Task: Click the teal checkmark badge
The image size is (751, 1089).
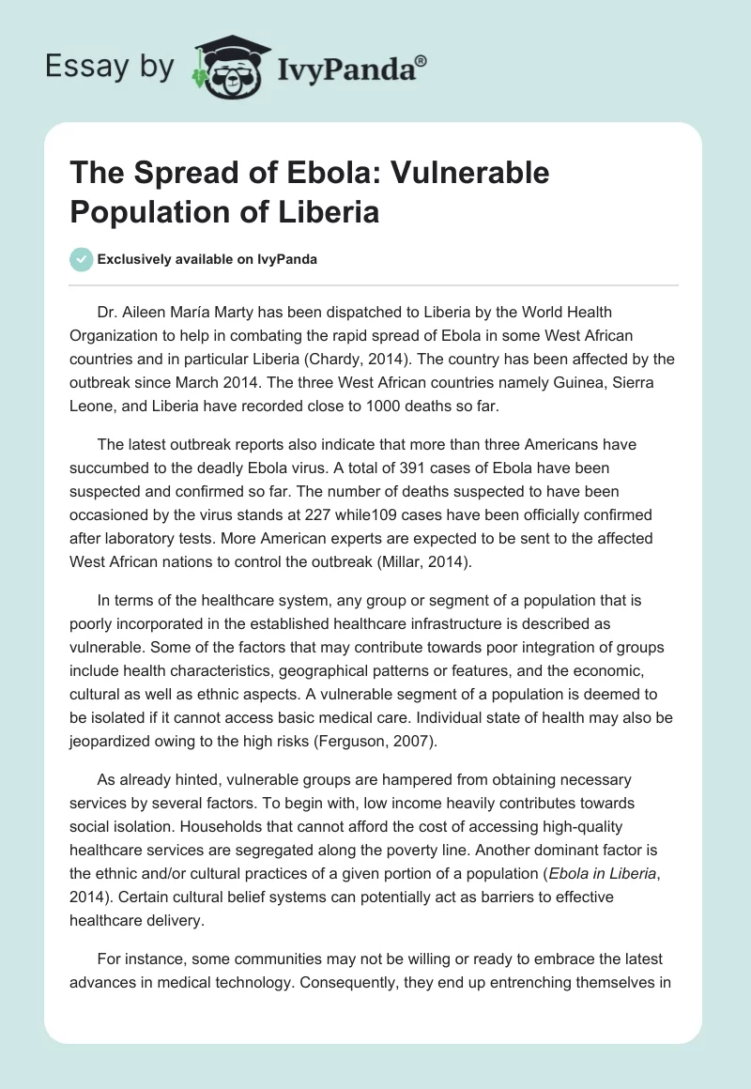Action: click(82, 259)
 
